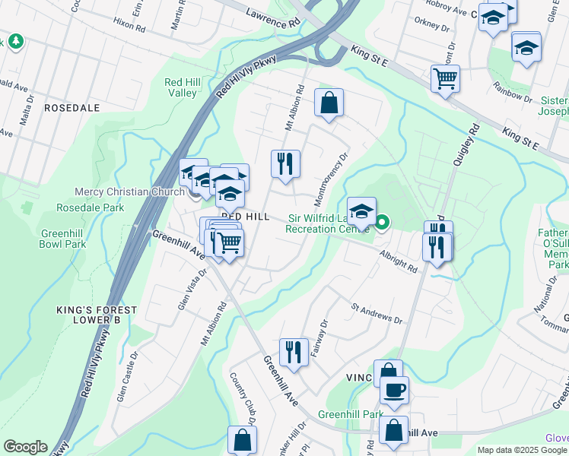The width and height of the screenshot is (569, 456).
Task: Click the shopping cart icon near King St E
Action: (x=444, y=78)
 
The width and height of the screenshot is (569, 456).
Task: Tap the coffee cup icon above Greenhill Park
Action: (x=394, y=391)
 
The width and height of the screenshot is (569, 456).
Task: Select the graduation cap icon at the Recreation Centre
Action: (x=362, y=211)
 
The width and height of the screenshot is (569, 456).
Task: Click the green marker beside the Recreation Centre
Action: (x=382, y=223)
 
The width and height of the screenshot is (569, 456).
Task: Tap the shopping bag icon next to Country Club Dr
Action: (x=242, y=439)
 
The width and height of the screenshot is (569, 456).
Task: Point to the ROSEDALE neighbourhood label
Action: (x=72, y=108)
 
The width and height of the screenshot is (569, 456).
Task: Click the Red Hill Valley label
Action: (x=181, y=87)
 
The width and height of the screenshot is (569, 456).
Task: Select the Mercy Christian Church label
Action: (x=129, y=192)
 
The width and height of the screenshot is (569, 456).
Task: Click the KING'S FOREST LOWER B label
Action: (x=97, y=315)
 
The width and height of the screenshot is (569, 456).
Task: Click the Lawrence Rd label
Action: (x=273, y=19)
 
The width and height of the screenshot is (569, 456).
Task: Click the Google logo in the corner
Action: (x=25, y=447)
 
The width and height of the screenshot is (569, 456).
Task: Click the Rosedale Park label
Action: (x=91, y=207)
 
